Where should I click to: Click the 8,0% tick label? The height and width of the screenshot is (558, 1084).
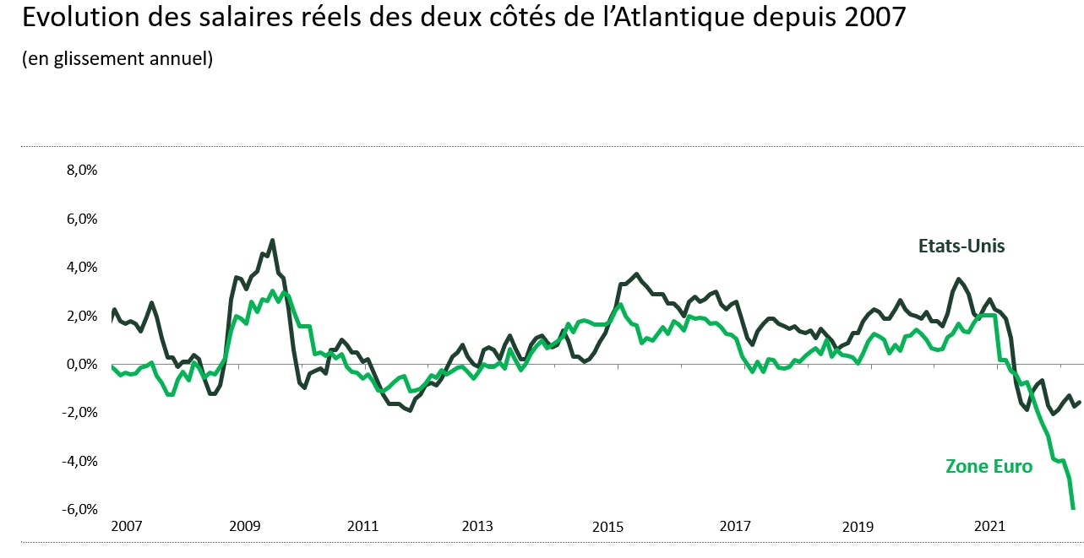coord(81,170)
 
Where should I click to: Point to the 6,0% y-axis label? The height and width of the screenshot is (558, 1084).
coord(81,219)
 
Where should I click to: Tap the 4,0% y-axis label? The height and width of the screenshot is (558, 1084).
coord(81,268)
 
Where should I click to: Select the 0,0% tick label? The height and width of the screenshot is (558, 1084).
coord(81,365)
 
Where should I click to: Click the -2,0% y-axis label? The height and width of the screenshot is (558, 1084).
coord(79,413)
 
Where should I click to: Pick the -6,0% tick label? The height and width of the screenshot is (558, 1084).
coord(79,510)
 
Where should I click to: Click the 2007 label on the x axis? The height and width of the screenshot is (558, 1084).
coord(127,526)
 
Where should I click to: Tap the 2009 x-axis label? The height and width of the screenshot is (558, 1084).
coord(244,526)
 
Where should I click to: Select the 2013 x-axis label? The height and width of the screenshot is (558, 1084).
coord(477,526)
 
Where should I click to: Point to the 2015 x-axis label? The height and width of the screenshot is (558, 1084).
coord(607,526)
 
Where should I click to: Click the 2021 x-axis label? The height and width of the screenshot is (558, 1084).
coord(989,526)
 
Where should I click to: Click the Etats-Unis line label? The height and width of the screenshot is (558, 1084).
coord(961,246)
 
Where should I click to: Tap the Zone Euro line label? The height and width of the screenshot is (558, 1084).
coord(989,467)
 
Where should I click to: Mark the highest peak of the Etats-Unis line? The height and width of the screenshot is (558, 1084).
coord(272,241)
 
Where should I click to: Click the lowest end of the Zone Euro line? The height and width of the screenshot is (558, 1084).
coord(1073,508)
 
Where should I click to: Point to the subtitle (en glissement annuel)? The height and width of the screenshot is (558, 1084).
coord(117,59)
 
